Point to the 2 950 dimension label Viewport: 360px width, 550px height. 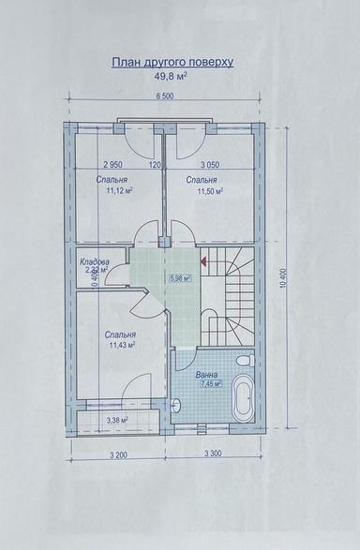(x=115, y=163)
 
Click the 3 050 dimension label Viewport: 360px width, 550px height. (x=211, y=163)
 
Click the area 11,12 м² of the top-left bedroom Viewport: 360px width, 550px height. (x=119, y=191)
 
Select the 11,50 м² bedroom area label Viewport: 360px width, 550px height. (x=211, y=191)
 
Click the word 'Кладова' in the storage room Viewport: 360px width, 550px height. (x=95, y=261)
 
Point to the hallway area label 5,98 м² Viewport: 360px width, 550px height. (x=181, y=278)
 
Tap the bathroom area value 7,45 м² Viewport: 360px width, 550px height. (x=208, y=384)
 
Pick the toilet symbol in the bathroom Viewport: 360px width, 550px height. (x=243, y=361)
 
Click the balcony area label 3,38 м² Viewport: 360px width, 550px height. (x=118, y=421)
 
